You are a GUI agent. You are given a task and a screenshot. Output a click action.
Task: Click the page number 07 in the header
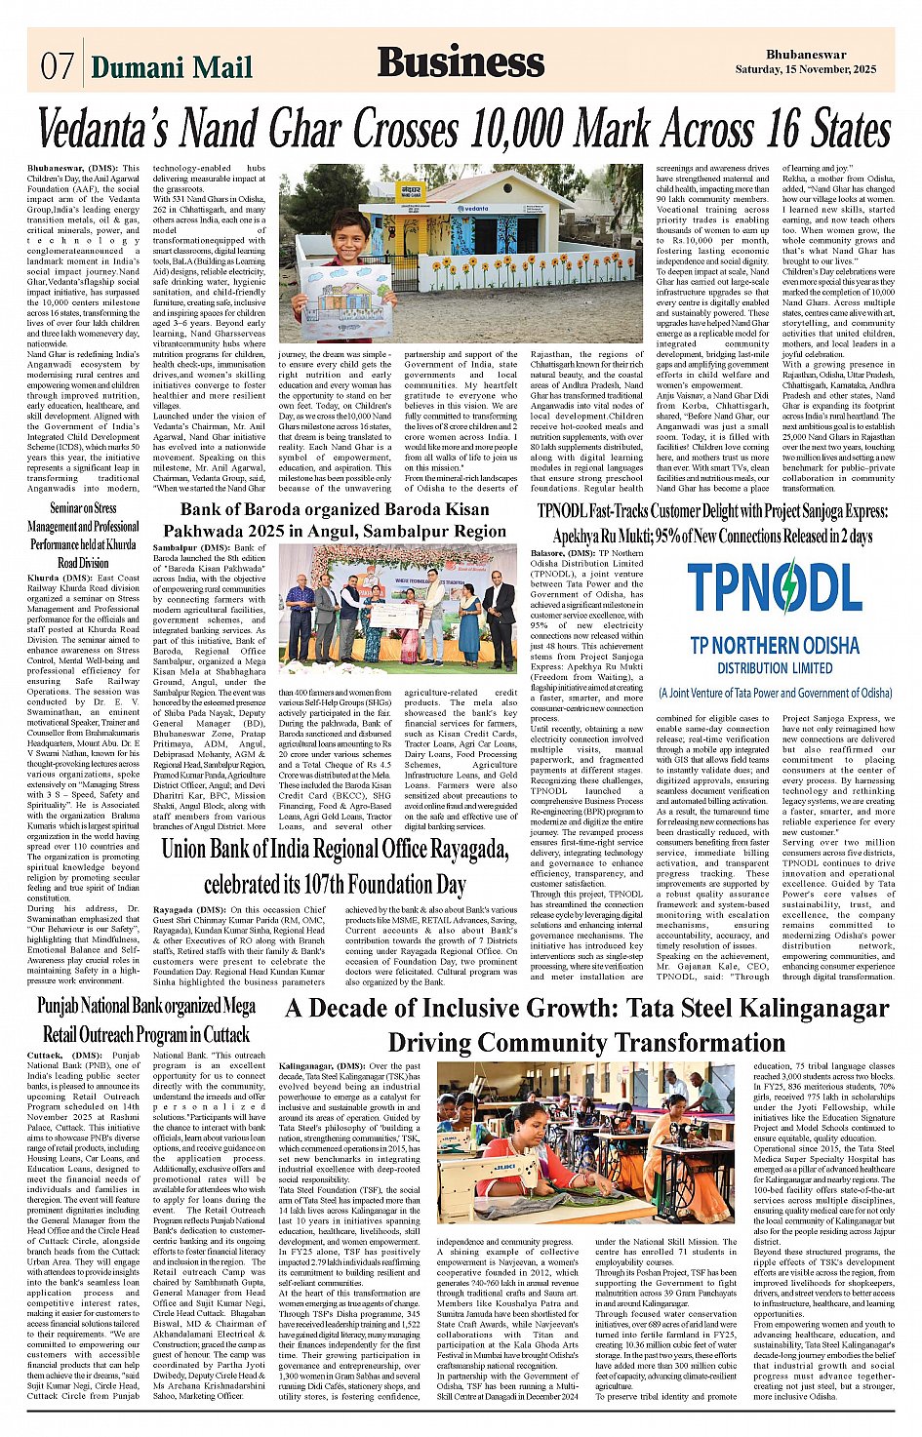click(x=57, y=65)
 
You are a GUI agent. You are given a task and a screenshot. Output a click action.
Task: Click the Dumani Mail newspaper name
click(x=172, y=66)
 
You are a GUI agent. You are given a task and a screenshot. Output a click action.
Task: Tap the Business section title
click(x=461, y=61)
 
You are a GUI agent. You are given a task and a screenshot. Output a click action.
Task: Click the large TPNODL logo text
click(x=775, y=588)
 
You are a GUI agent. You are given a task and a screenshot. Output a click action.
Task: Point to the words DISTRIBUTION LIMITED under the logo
click(x=775, y=668)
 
